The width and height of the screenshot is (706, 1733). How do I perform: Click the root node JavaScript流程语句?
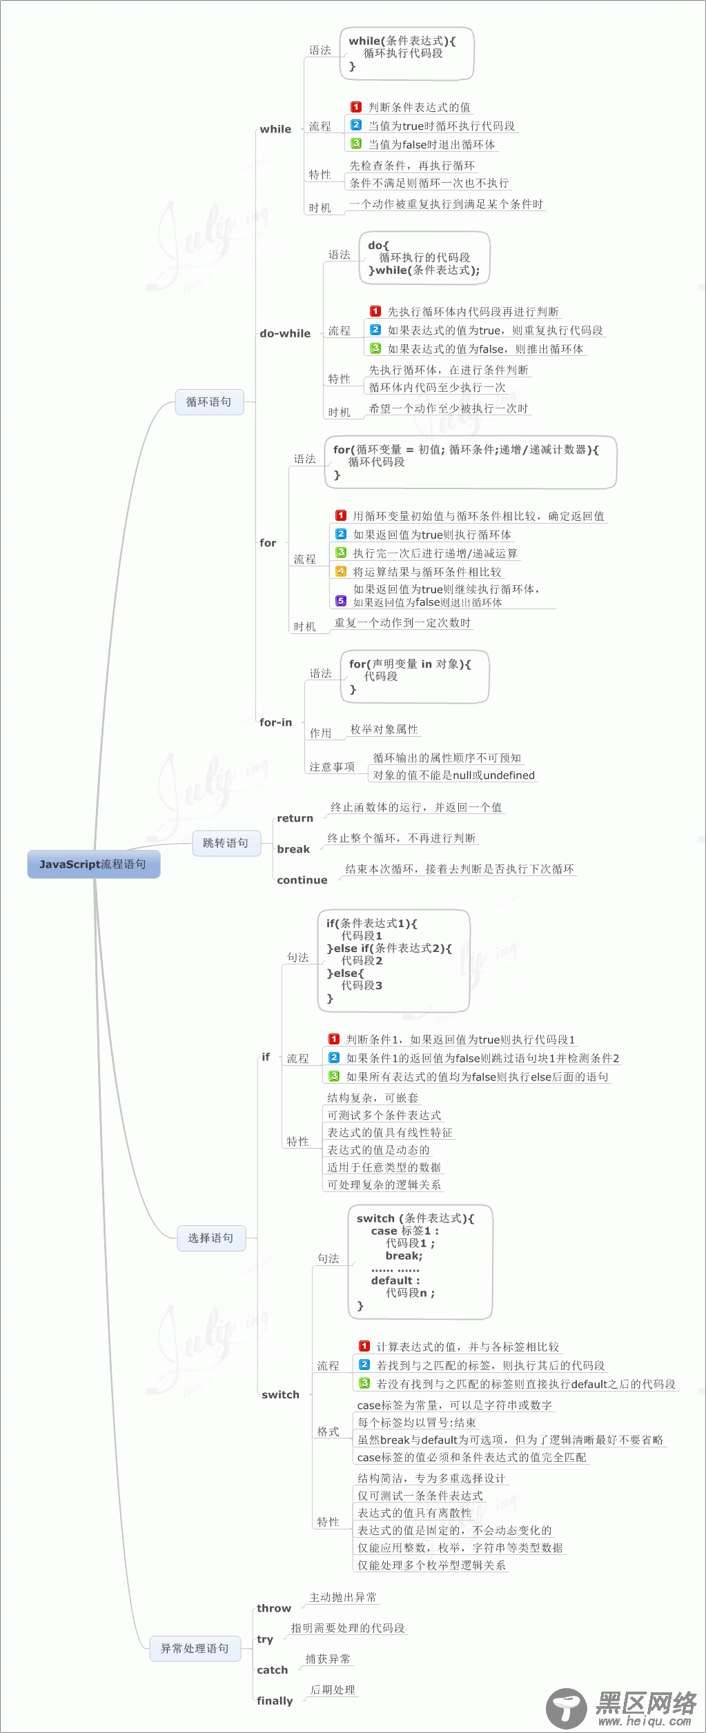coord(93,864)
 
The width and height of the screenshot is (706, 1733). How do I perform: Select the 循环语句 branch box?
coord(208,402)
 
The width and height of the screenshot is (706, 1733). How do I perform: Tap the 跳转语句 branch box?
coord(226,843)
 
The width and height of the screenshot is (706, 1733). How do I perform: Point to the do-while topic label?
coord(285,333)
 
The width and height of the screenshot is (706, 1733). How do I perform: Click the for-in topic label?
coord(276,722)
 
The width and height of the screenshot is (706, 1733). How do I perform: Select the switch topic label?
coord(280,1394)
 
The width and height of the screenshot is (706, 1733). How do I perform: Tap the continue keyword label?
coord(302,880)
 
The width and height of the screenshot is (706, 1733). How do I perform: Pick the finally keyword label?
coord(275,1701)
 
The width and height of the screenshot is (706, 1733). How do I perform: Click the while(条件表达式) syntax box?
coord(406,54)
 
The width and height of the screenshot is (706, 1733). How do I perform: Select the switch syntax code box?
coord(420,1262)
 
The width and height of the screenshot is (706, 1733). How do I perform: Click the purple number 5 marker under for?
coord(341,601)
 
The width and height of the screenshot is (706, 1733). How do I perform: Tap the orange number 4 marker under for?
coord(341,571)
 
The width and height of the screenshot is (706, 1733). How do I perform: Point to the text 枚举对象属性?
coord(384,729)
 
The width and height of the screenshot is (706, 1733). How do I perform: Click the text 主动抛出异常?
coord(343,1597)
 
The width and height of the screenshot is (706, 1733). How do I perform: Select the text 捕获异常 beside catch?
coord(328,1658)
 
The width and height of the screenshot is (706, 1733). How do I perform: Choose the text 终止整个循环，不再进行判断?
coord(402,838)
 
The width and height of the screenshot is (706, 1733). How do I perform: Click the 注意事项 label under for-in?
coord(332,766)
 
